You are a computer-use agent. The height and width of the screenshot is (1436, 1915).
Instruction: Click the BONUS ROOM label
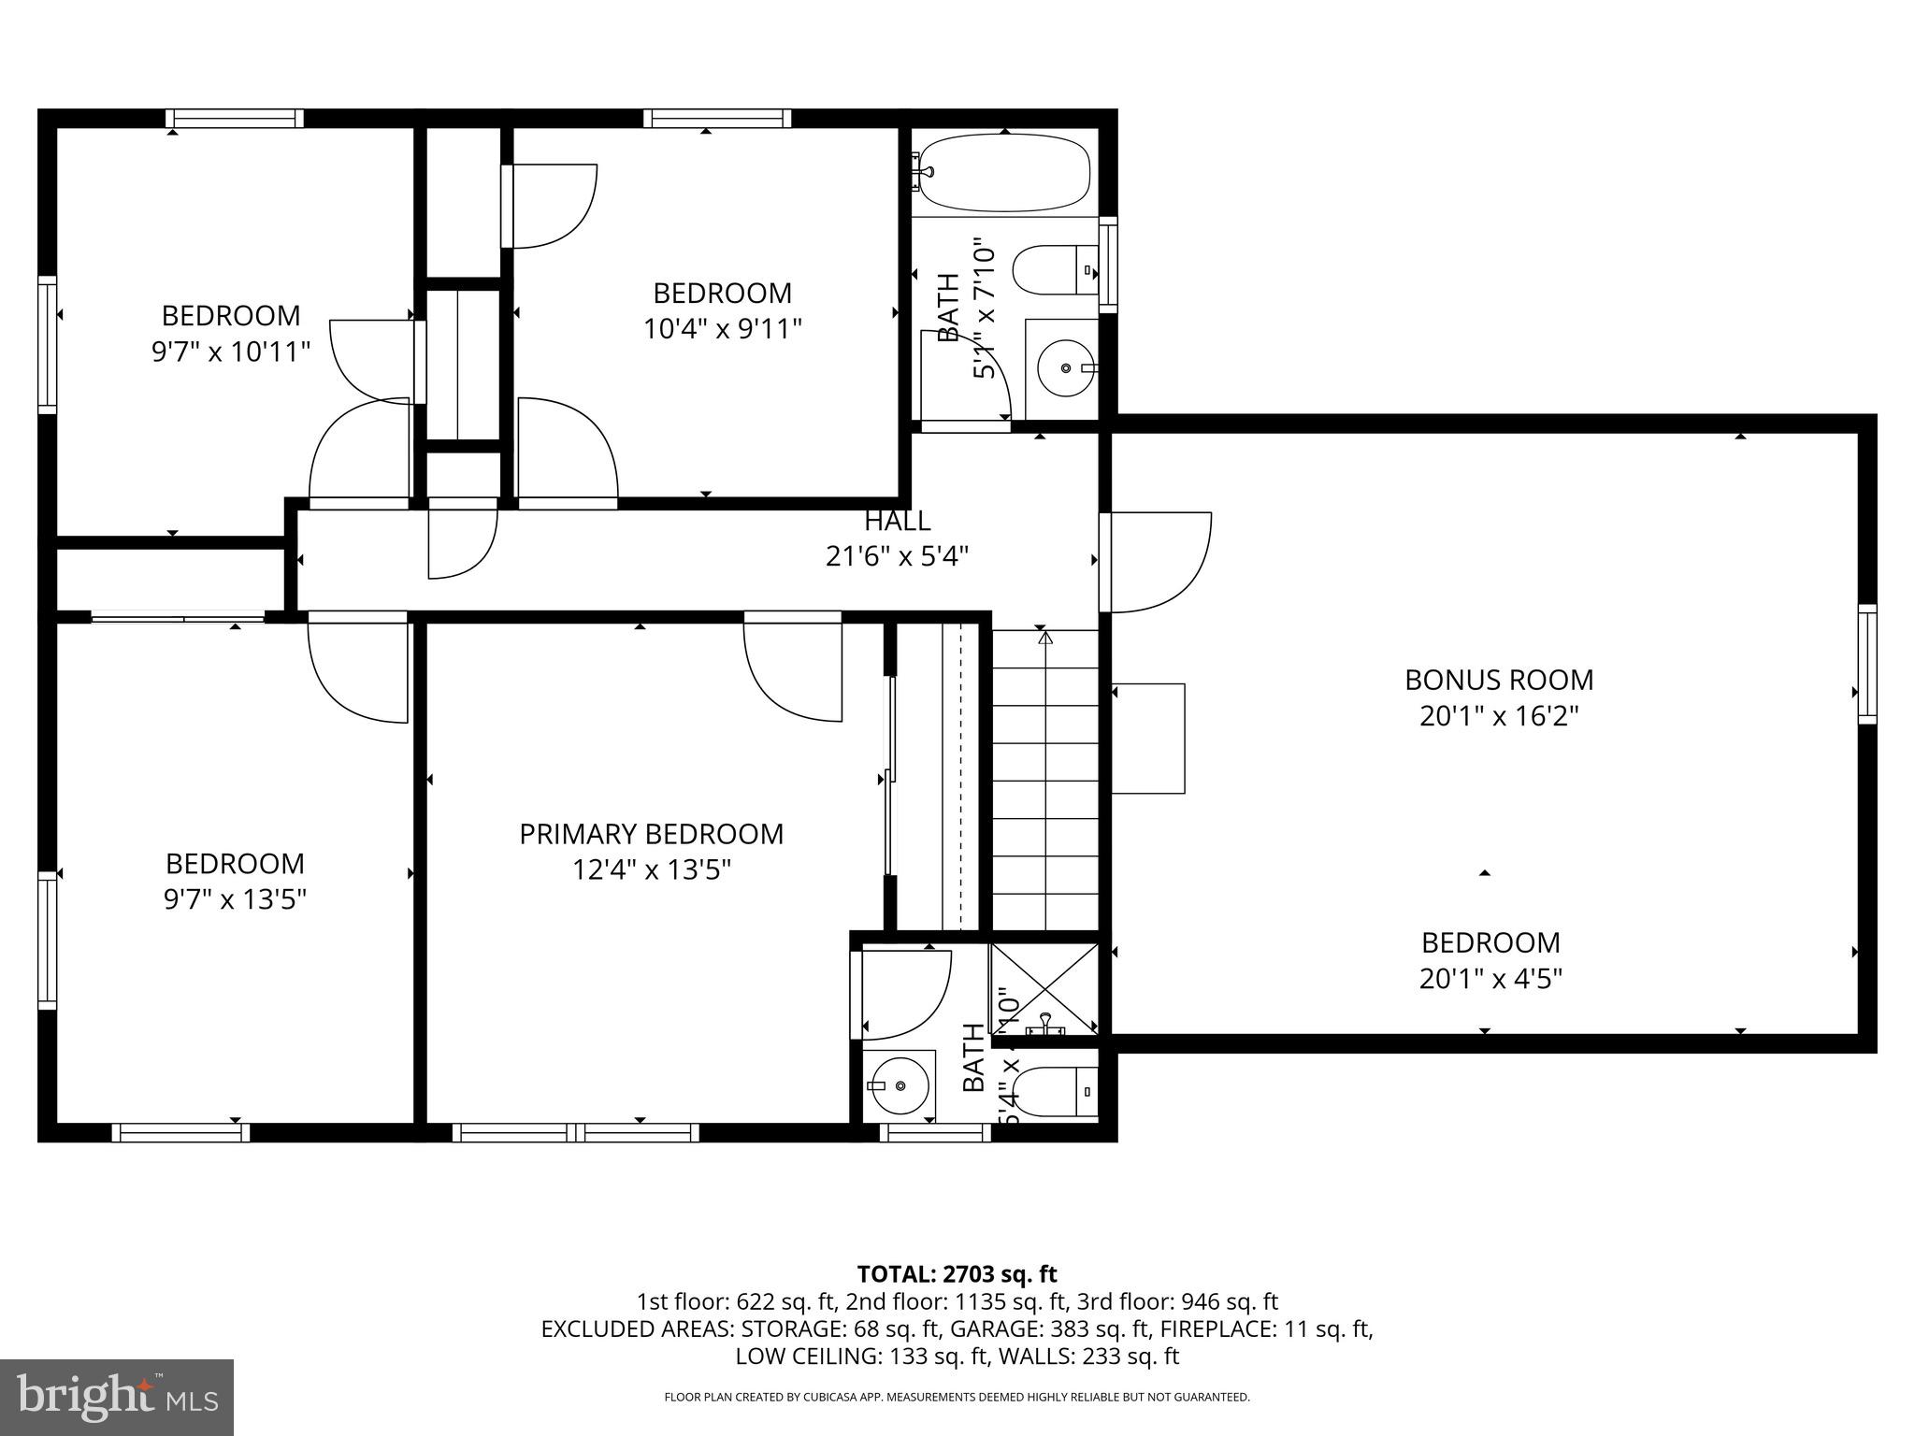(1498, 680)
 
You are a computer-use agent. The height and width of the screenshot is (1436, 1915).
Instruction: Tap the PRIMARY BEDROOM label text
(651, 834)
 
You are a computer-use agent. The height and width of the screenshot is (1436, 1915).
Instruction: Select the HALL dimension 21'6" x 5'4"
(897, 557)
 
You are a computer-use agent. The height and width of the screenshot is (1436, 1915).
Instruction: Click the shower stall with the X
(1044, 987)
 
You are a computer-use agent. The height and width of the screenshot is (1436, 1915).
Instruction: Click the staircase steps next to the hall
(1044, 781)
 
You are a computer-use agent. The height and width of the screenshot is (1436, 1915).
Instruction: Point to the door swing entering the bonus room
(1158, 561)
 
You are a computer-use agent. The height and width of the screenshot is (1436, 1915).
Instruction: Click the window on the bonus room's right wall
(1866, 664)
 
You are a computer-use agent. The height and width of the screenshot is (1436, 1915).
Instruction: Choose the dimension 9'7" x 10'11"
(230, 352)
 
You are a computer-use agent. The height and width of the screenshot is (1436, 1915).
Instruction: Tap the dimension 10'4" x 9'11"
(722, 329)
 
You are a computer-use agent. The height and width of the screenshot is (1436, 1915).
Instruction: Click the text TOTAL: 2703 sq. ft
(957, 1273)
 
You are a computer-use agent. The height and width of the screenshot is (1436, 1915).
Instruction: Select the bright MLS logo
(117, 1397)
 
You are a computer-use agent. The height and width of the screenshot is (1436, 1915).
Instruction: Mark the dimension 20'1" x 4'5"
(1490, 979)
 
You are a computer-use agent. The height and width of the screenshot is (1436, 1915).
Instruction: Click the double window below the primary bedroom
(576, 1132)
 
